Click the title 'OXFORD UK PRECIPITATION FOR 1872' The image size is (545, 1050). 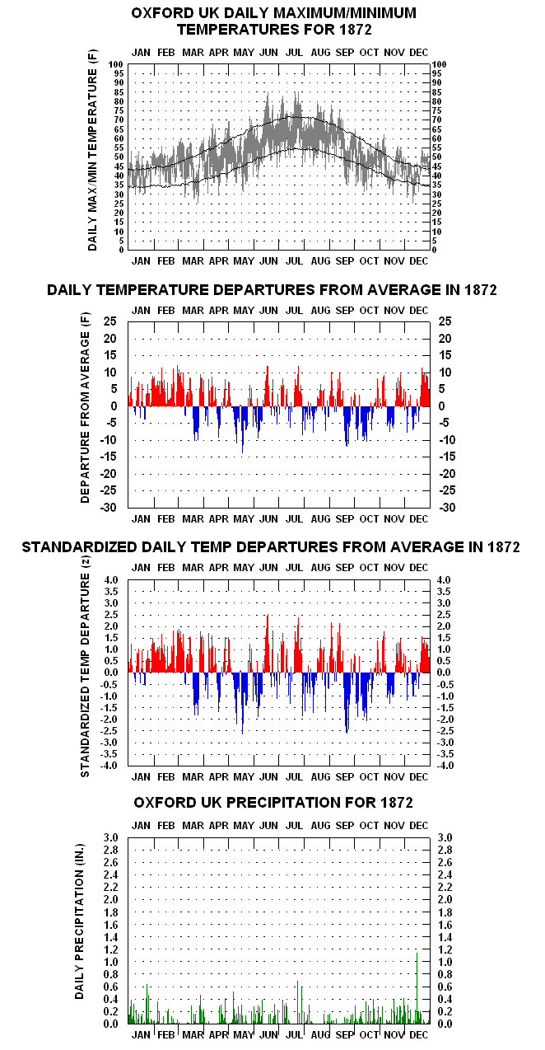(x=273, y=803)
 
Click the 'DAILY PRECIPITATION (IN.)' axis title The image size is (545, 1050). (x=80, y=922)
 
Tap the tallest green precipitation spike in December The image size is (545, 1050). (x=417, y=988)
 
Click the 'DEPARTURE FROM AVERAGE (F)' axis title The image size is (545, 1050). (x=85, y=408)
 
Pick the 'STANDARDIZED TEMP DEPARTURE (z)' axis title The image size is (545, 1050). (x=85, y=668)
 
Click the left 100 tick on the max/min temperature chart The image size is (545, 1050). (x=115, y=64)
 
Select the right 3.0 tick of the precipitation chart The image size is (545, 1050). (x=445, y=837)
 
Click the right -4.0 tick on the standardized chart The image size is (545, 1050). (x=445, y=766)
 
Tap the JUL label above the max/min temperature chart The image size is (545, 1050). (x=294, y=53)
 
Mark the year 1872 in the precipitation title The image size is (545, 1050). (x=397, y=803)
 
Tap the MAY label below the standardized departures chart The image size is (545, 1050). (x=244, y=777)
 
